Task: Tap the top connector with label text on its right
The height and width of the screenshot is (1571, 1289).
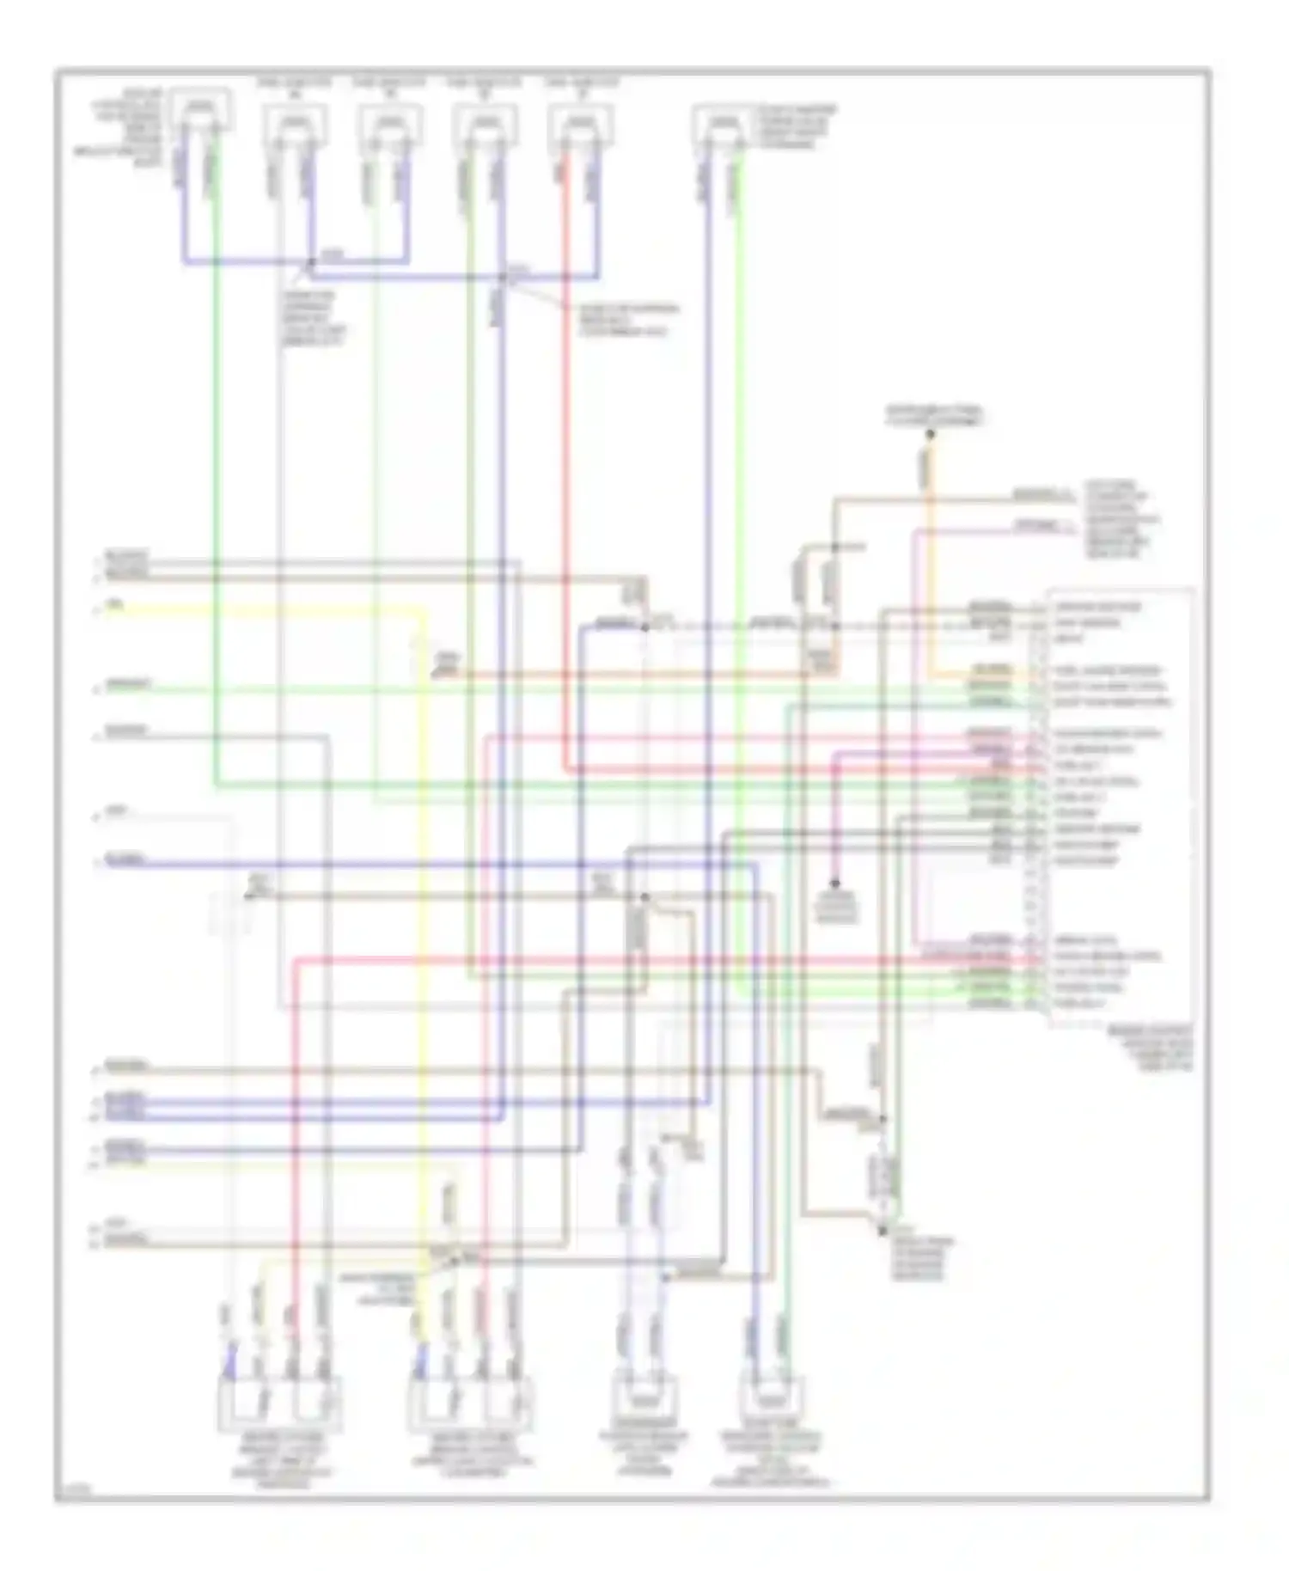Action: click(723, 124)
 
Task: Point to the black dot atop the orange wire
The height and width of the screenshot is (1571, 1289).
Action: click(930, 435)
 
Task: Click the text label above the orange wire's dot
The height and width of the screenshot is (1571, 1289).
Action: click(934, 417)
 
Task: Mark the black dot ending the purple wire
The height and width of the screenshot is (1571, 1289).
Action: click(834, 883)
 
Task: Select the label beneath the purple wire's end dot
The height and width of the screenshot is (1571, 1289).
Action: click(836, 908)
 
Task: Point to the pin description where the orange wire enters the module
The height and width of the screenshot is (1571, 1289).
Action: click(1109, 670)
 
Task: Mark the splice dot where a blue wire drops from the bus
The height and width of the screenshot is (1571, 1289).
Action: click(503, 278)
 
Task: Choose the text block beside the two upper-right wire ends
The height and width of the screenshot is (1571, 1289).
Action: click(1121, 520)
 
